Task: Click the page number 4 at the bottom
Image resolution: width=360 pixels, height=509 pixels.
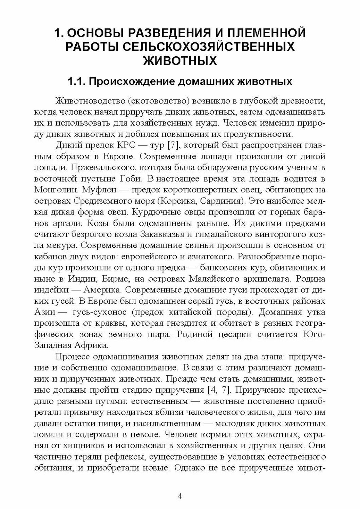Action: point(180,496)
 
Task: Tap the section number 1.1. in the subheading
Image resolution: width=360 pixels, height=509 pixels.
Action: point(78,82)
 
